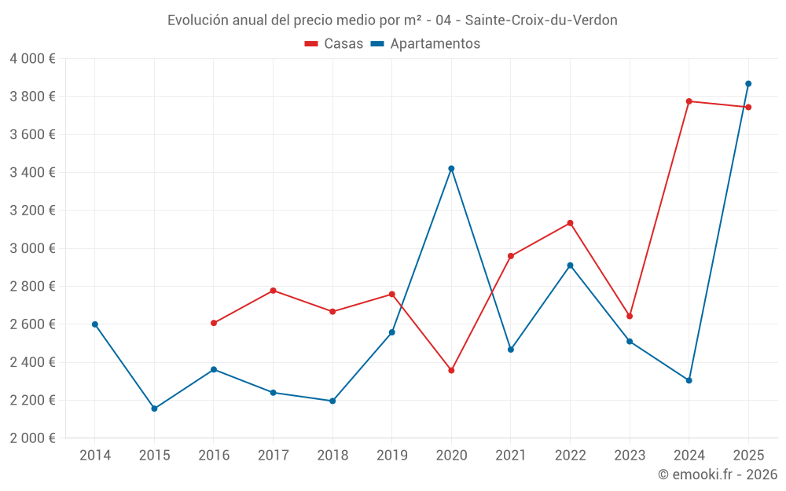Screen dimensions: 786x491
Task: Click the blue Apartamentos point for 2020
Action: coord(451,169)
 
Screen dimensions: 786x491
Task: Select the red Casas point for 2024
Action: coord(689,101)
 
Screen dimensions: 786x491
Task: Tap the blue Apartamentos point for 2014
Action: coord(95,324)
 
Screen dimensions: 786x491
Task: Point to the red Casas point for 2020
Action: coord(451,371)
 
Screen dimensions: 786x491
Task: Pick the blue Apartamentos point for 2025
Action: coord(748,84)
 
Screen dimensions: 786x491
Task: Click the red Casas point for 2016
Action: coord(214,323)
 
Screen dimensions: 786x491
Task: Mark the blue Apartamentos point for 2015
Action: coord(154,409)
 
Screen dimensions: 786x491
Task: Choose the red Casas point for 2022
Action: coord(570,223)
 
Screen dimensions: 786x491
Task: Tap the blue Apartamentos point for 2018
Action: coord(332,401)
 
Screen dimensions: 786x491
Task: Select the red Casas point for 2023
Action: coord(630,316)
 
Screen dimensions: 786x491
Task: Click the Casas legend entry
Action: coord(334,43)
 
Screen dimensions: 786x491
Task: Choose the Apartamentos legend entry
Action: coord(425,43)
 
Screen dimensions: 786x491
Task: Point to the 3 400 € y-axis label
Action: coord(32,172)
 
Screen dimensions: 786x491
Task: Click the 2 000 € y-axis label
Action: coord(32,438)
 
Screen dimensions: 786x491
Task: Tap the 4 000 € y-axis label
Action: coord(32,59)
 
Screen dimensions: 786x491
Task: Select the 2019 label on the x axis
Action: coord(392,456)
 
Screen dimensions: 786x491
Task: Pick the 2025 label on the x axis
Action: coord(748,456)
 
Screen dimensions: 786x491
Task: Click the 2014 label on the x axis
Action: coord(95,456)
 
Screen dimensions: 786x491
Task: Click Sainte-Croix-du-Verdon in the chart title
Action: coord(541,20)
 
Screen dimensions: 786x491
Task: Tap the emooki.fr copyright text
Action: coord(718,475)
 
